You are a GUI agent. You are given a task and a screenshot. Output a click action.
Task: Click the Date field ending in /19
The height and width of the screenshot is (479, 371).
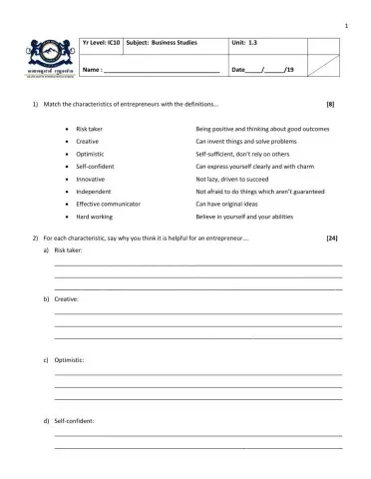(262, 70)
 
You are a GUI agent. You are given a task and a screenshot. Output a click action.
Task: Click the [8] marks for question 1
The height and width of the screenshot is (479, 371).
(330, 105)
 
